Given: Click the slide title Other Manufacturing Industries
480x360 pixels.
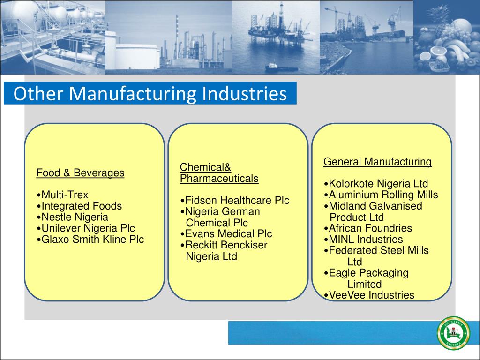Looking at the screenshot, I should [150, 94].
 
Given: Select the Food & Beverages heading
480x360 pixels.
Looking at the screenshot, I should [80, 173].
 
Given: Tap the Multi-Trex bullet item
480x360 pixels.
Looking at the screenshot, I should [64, 195].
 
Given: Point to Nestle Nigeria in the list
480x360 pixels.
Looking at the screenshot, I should [75, 217].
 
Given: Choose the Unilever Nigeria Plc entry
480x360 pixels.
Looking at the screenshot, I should [88, 228].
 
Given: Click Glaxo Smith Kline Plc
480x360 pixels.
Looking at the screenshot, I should [92, 240].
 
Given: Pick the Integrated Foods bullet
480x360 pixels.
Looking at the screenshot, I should [82, 206].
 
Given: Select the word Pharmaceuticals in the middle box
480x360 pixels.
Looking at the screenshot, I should [219, 179].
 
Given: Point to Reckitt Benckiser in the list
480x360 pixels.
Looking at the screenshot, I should [226, 245].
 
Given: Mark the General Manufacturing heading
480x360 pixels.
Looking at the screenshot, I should [377, 162].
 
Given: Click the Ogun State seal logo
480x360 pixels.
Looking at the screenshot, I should [453, 333].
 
